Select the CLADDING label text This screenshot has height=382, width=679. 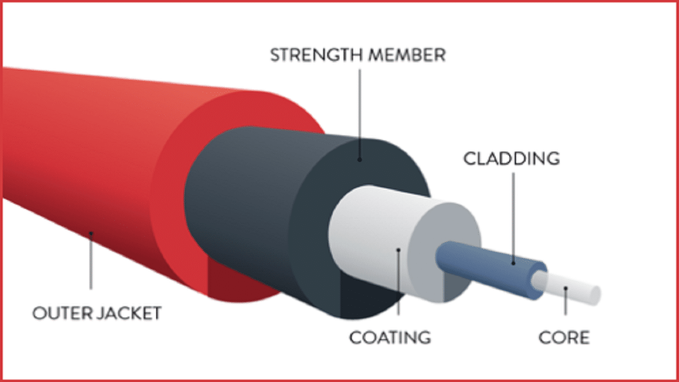(512, 158)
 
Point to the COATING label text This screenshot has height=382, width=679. (390, 337)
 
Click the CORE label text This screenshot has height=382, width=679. (564, 337)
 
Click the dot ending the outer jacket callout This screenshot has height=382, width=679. (91, 232)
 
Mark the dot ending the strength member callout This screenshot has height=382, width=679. (359, 160)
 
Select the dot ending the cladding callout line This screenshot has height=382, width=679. (513, 262)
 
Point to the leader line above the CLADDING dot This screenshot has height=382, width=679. (513, 215)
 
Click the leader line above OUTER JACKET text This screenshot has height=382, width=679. (91, 266)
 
